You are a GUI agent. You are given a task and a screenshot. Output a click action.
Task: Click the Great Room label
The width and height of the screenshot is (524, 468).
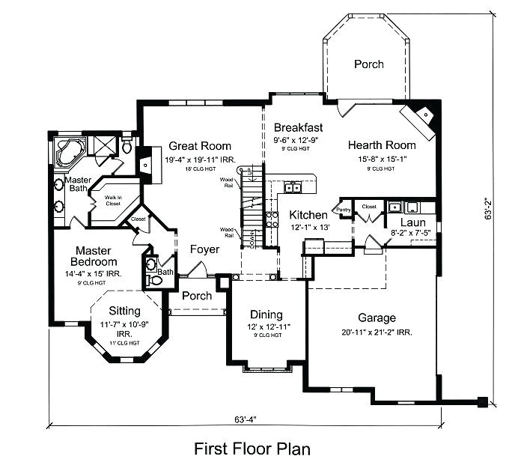tap(199, 146)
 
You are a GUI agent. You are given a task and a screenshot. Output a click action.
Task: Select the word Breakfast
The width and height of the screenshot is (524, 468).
tap(298, 127)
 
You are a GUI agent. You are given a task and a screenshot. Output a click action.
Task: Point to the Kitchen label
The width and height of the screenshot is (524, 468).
tap(308, 215)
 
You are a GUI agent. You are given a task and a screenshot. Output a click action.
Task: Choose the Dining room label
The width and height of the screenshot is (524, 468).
tap(267, 314)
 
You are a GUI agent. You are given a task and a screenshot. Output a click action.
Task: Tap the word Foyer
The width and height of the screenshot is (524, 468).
tap(204, 249)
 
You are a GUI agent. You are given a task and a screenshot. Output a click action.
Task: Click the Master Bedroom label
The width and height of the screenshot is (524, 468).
tap(94, 256)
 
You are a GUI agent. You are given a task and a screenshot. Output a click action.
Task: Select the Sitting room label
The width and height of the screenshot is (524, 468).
tap(124, 310)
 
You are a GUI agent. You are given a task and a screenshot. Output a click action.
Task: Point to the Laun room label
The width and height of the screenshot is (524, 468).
tap(412, 222)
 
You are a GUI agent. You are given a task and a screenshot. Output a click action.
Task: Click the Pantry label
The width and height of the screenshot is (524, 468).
tap(344, 210)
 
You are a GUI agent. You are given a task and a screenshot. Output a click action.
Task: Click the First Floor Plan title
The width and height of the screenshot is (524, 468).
tap(252, 449)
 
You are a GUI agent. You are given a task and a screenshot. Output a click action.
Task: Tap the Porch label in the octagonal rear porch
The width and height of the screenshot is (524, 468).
tap(368, 64)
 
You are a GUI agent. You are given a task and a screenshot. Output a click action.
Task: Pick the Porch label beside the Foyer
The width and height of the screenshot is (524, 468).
tap(197, 296)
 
